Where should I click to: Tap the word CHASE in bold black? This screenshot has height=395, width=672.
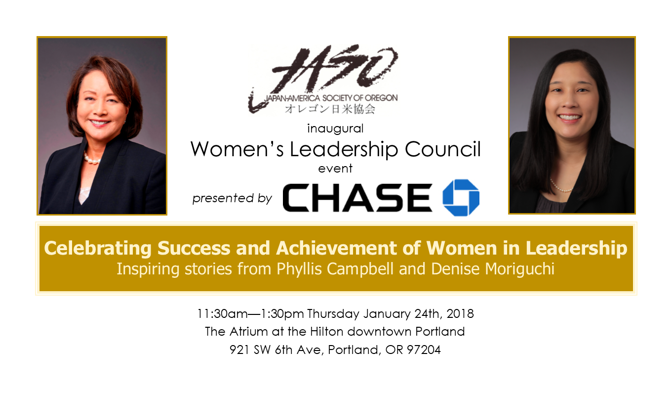(x=357, y=198)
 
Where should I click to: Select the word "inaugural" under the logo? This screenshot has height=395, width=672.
(x=335, y=129)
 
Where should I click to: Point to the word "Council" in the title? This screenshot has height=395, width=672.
(x=443, y=149)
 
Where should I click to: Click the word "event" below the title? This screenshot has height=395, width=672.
(x=335, y=169)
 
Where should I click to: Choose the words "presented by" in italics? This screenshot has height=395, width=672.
(x=232, y=199)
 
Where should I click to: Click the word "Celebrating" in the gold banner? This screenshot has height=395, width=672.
(x=98, y=249)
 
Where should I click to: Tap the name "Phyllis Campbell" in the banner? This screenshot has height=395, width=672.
(x=335, y=268)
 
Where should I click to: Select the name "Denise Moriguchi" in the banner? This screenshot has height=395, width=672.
(x=493, y=269)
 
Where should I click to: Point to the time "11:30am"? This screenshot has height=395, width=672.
(x=222, y=313)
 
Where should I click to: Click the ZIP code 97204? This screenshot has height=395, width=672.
(x=424, y=350)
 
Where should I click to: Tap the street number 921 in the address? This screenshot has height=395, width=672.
(x=239, y=350)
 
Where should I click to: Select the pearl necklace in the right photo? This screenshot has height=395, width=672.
(x=561, y=186)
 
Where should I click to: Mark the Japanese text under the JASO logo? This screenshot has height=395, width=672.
(x=330, y=109)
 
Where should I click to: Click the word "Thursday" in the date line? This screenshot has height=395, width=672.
(x=333, y=314)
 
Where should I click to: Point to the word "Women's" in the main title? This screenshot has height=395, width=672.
(x=237, y=149)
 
